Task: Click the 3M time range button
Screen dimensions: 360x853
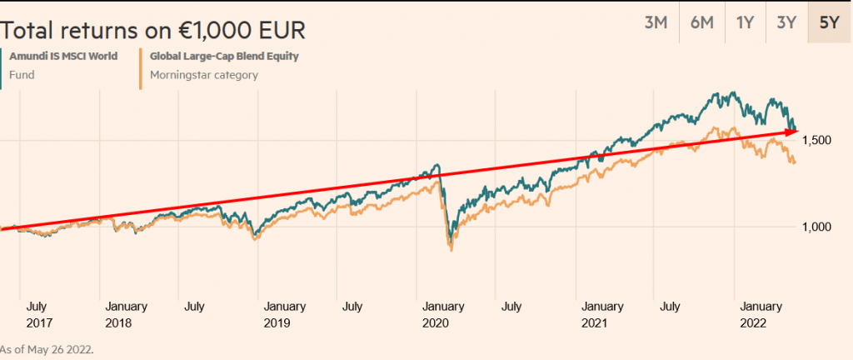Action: [x=656, y=22]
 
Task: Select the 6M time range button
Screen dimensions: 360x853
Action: [x=701, y=22]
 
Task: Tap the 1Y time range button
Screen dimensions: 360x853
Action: [x=745, y=22]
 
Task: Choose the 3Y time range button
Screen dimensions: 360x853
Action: [x=786, y=22]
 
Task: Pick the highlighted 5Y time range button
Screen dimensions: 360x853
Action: [x=829, y=22]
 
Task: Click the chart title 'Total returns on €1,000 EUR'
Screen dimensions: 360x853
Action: [x=153, y=31]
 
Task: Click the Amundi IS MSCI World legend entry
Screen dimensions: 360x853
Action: [x=62, y=57]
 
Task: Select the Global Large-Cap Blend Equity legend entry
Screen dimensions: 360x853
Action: [x=224, y=57]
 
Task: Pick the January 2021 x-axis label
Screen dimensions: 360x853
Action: [x=603, y=313]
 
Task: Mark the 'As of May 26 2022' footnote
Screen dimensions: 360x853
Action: [x=47, y=349]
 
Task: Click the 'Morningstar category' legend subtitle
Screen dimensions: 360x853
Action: [x=203, y=75]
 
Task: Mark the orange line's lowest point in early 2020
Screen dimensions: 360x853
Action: [x=451, y=248]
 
